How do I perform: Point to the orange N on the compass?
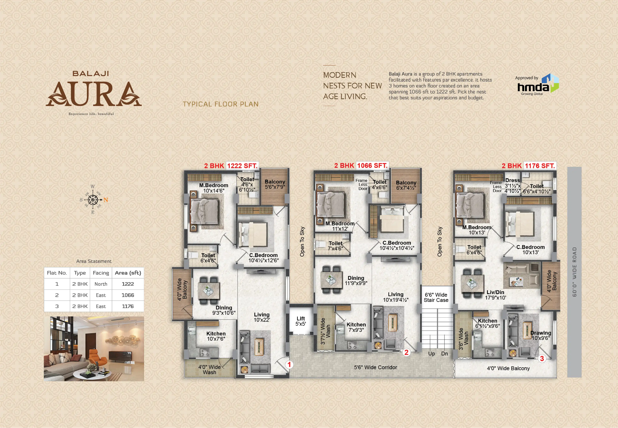106,200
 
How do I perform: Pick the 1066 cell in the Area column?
128,295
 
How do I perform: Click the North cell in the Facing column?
101,284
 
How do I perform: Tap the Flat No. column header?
57,273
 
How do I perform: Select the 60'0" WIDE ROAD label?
574,272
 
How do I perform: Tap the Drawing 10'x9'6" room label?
540,335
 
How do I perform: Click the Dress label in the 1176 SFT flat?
512,180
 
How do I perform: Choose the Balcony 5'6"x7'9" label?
275,184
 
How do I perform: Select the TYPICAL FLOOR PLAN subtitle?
221,104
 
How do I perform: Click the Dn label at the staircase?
444,354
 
